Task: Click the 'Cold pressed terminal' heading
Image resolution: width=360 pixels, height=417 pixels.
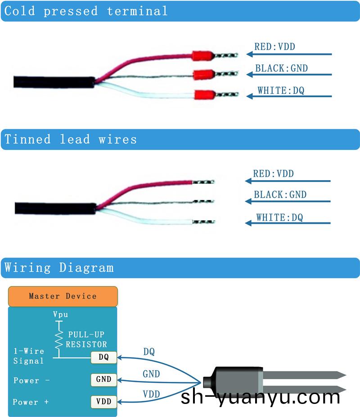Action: (85, 11)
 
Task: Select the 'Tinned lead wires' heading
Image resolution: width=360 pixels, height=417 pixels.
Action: (70, 139)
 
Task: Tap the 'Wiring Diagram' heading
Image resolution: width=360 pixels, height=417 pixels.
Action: (59, 267)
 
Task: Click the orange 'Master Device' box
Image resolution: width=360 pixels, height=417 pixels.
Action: (63, 296)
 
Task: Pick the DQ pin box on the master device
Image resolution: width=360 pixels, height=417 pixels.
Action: (103, 358)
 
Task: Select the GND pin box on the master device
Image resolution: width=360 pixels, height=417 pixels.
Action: (103, 379)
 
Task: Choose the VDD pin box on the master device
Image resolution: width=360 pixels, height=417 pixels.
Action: (103, 401)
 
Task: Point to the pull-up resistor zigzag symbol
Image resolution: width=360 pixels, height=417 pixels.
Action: (58, 340)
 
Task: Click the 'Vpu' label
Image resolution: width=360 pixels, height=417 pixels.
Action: (60, 314)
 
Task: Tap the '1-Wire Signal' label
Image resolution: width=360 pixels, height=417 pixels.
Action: (29, 356)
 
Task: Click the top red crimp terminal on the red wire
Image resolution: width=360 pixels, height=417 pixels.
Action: (202, 56)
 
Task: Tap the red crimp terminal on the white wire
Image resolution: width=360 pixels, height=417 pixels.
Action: (204, 95)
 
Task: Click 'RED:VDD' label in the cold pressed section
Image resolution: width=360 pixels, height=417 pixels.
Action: (274, 46)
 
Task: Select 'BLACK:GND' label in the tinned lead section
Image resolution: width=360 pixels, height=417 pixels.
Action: (280, 195)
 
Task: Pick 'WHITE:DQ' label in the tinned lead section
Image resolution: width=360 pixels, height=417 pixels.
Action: (279, 218)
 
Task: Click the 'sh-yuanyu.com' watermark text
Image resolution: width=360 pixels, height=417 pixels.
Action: (261, 397)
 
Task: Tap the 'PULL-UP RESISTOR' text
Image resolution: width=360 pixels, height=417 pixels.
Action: (86, 340)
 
